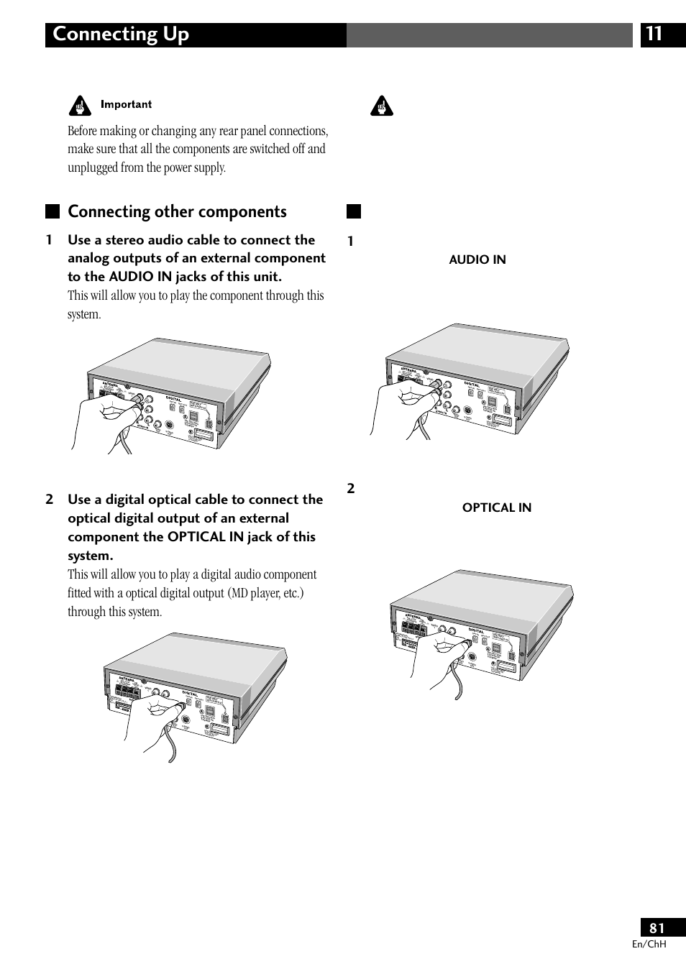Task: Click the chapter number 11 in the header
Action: [x=654, y=35]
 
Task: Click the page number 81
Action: [x=657, y=928]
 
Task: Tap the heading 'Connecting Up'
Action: [x=121, y=35]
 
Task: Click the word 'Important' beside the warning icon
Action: [x=126, y=104]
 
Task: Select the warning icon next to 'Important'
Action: [x=80, y=106]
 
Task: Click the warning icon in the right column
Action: [x=382, y=106]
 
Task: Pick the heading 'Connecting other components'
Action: [x=177, y=211]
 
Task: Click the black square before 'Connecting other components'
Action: [x=52, y=211]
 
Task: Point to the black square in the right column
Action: [x=353, y=211]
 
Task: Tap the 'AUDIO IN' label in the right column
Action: [x=477, y=260]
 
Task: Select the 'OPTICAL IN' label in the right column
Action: [x=496, y=508]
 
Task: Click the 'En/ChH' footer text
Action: [x=649, y=944]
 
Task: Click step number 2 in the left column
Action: [x=49, y=500]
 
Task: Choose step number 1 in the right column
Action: [x=351, y=242]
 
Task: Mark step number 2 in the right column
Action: [x=351, y=489]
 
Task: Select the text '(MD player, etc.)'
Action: [x=266, y=593]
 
